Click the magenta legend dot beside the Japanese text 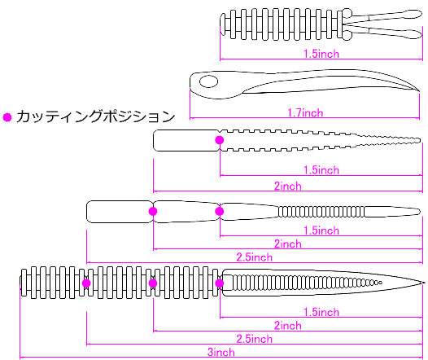click(x=7, y=117)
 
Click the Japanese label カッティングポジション click(x=95, y=116)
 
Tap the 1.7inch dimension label click(x=305, y=112)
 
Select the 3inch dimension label click(x=221, y=352)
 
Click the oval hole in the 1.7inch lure click(x=209, y=81)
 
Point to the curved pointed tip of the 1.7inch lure click(x=419, y=91)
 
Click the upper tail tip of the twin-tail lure click(x=421, y=14)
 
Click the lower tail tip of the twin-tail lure click(x=421, y=34)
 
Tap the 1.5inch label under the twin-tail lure click(x=321, y=54)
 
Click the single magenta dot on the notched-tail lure click(x=220, y=140)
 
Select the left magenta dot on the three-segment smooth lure click(x=153, y=211)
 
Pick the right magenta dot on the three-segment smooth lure click(x=220, y=211)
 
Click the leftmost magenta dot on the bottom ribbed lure click(x=86, y=283)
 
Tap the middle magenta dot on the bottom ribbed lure click(x=153, y=283)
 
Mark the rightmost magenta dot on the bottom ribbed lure click(x=220, y=283)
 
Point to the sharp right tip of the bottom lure click(x=425, y=283)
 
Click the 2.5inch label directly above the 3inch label click(x=255, y=339)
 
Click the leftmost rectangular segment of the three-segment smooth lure click(x=120, y=212)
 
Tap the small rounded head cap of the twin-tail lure click(x=223, y=24)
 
